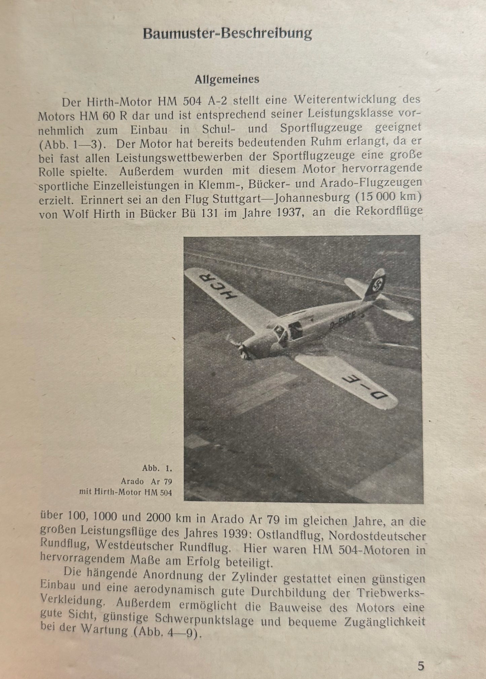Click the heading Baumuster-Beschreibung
tap(227, 34)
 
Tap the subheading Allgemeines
tap(227, 80)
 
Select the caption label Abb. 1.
tap(157, 468)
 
